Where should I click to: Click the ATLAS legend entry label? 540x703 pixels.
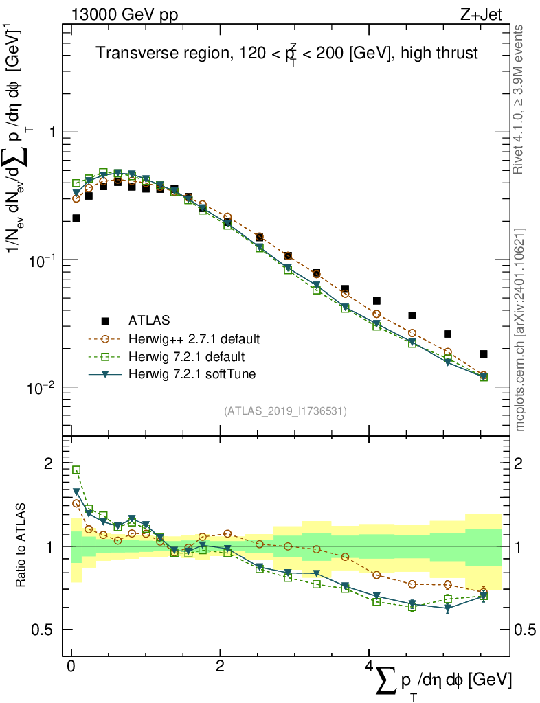click(148, 321)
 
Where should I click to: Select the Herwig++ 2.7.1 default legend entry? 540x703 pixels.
click(194, 339)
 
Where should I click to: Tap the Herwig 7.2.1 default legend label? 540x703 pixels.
click(187, 357)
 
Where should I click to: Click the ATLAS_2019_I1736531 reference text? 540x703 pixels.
click(285, 411)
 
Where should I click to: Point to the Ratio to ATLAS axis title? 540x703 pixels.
click(21, 546)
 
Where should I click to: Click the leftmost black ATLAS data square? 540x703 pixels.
click(76, 218)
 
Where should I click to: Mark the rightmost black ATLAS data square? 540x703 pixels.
click(484, 354)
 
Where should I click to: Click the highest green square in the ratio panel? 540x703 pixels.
click(76, 470)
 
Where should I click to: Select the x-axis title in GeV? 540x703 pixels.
click(440, 681)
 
